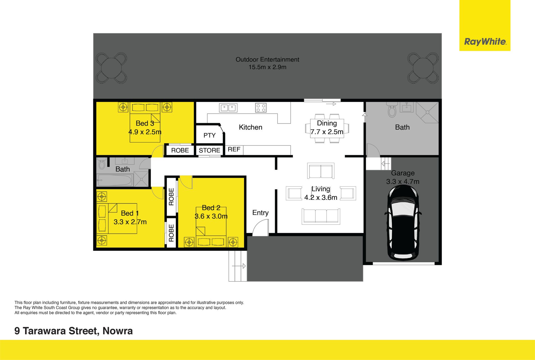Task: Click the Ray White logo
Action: (485, 42)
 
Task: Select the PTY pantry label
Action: (210, 135)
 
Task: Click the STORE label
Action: (210, 150)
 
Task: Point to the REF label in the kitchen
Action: (234, 149)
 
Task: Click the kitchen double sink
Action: (228, 108)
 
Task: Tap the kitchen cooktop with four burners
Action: (261, 108)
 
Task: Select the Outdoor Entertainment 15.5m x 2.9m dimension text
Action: (267, 67)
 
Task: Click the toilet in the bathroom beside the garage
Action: (392, 110)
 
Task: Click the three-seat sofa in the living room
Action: (321, 217)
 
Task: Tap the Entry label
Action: (261, 213)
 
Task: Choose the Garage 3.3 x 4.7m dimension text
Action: (403, 182)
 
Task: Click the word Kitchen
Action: (251, 127)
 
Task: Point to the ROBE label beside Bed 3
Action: (180, 150)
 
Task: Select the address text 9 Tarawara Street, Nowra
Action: (74, 331)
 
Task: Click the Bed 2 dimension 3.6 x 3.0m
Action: (211, 216)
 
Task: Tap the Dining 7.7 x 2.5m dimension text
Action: (327, 132)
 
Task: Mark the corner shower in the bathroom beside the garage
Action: (427, 112)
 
